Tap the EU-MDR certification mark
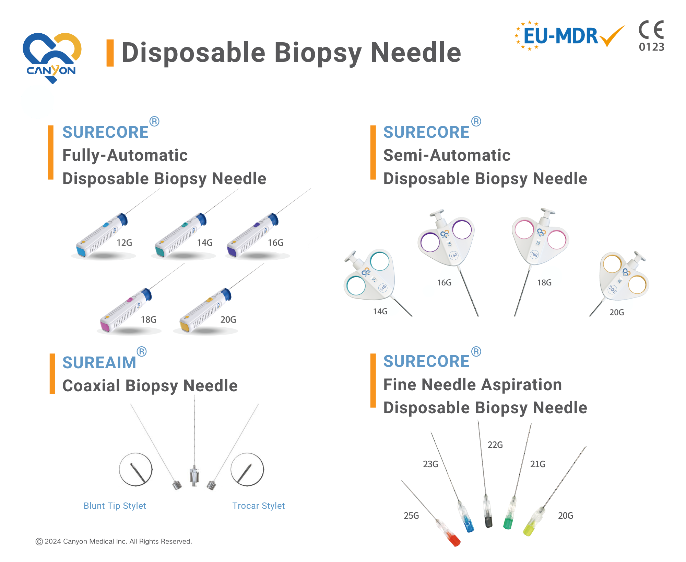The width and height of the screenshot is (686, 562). click(x=569, y=36)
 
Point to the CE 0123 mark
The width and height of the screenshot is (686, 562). click(x=651, y=36)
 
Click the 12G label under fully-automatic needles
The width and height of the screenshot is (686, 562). click(x=124, y=243)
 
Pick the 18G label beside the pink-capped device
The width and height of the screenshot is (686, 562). click(x=149, y=320)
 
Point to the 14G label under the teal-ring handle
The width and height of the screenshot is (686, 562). click(x=380, y=312)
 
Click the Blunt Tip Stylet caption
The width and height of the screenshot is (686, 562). click(x=115, y=506)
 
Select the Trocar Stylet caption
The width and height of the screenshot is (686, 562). click(x=259, y=506)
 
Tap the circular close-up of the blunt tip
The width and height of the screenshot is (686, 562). click(x=136, y=470)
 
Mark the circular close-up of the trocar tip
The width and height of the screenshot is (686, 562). click(x=247, y=470)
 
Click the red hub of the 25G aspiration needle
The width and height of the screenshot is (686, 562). click(x=454, y=540)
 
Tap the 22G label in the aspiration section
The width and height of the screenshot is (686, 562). click(x=495, y=445)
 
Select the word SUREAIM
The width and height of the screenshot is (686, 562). click(x=99, y=363)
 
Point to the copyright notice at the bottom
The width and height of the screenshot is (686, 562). click(x=114, y=542)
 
